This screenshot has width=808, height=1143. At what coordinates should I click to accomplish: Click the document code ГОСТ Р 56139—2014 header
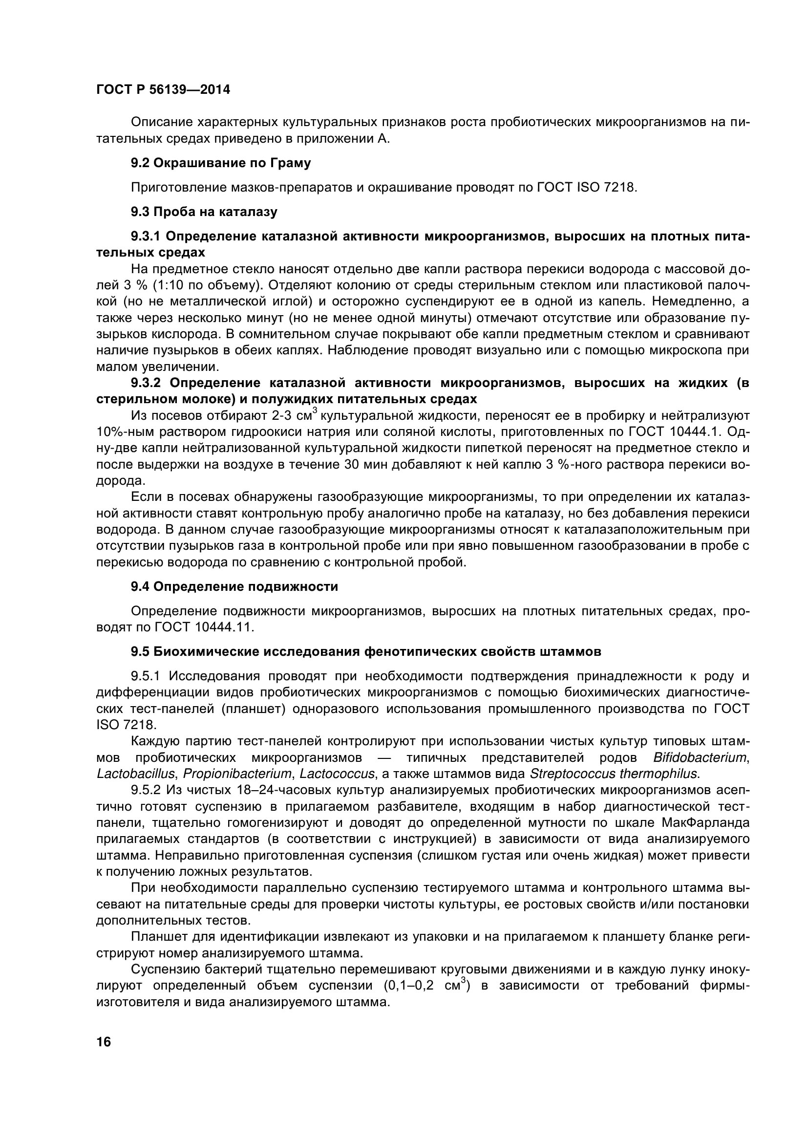click(x=163, y=90)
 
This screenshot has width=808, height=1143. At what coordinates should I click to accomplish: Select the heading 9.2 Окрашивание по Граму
click(x=220, y=163)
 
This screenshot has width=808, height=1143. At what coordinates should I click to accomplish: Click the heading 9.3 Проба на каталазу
click(x=204, y=212)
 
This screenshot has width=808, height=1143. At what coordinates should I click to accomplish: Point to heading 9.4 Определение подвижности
click(x=234, y=586)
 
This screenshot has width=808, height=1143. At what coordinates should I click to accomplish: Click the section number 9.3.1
click(x=145, y=236)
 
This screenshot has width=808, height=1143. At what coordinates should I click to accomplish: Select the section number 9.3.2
click(x=145, y=382)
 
